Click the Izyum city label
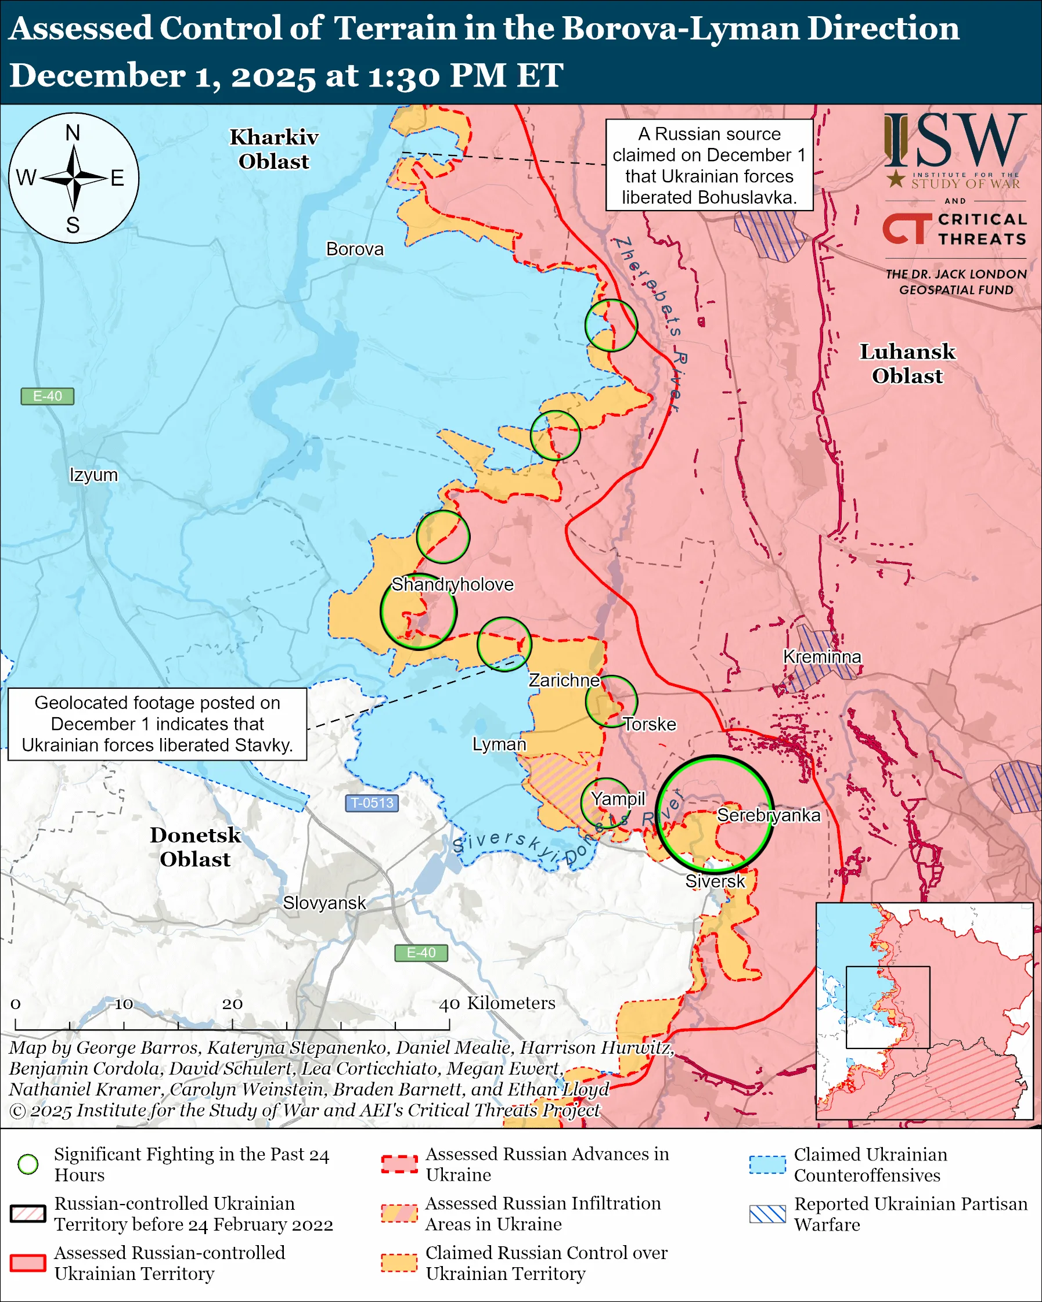tap(93, 475)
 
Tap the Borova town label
tap(355, 249)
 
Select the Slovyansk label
tap(325, 903)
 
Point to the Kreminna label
tap(821, 656)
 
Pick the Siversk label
tap(715, 881)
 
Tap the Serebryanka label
tap(769, 815)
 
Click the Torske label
tap(650, 724)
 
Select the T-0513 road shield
tap(372, 802)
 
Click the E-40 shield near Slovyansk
tap(421, 952)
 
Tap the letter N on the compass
tap(73, 133)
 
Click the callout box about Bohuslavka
tap(709, 165)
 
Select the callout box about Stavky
tap(157, 724)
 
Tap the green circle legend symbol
tap(28, 1164)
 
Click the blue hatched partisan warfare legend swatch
tap(767, 1214)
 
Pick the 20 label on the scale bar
tap(232, 1004)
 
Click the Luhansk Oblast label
tap(907, 364)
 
